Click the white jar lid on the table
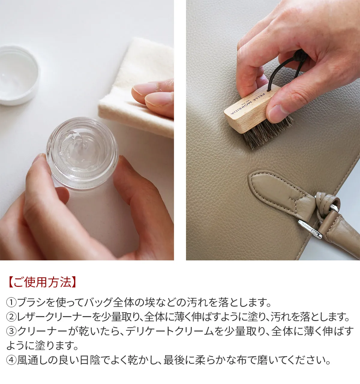[18, 75]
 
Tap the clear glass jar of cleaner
[82, 154]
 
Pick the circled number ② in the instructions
[12, 317]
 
